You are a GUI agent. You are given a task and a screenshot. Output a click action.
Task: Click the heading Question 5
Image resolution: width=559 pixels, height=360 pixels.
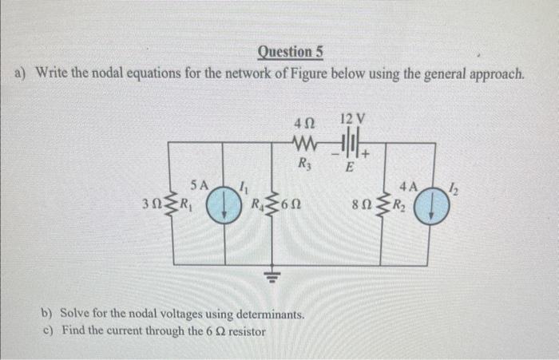pos(291,53)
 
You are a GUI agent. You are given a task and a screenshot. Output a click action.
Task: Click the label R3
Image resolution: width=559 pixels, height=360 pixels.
pos(303,166)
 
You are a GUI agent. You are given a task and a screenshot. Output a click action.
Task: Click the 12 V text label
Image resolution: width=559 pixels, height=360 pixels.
pos(351,120)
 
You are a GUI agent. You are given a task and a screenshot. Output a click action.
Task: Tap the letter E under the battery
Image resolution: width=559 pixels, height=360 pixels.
pos(349,168)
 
